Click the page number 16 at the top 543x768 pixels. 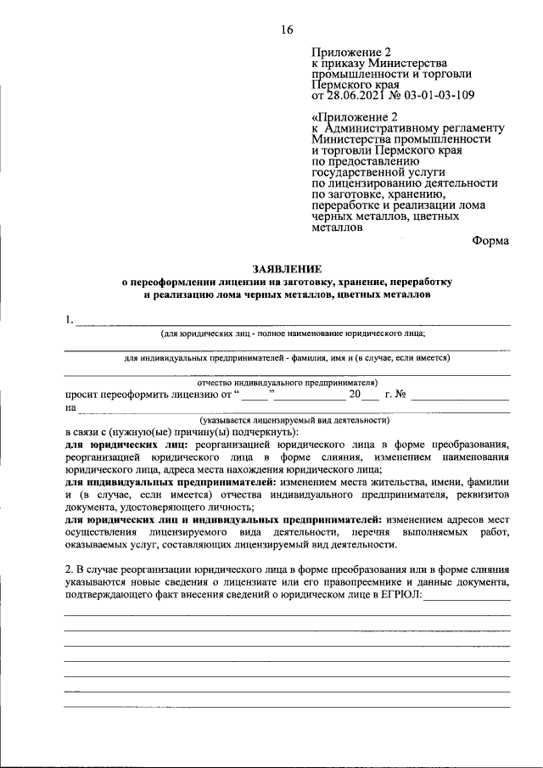(x=286, y=31)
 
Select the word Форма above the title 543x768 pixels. (x=490, y=240)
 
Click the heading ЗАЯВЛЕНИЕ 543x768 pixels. (x=287, y=267)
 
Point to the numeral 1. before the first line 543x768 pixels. (x=69, y=321)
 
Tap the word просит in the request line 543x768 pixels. (x=82, y=395)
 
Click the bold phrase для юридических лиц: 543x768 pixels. (x=127, y=444)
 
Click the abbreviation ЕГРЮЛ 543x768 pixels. (x=396, y=597)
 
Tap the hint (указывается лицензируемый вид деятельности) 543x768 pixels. (x=294, y=419)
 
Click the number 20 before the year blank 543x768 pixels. (x=355, y=395)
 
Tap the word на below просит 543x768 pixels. (x=70, y=407)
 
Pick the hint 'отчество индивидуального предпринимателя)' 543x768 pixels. (x=293, y=382)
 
